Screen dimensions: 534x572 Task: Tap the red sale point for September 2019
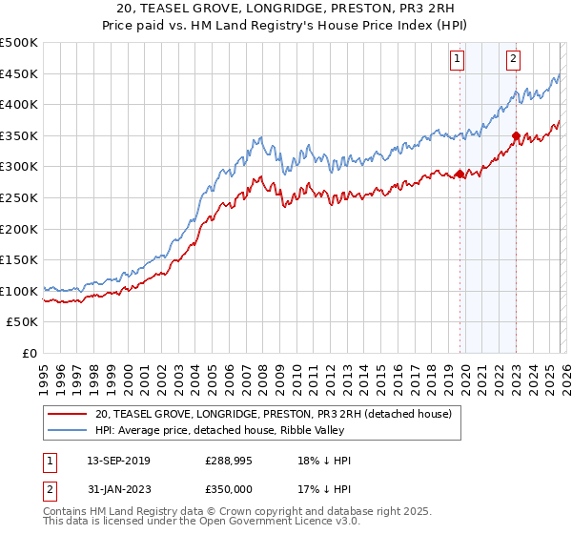(460, 174)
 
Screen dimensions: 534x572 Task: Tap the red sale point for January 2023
(516, 135)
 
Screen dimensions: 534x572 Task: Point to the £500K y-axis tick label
(19, 43)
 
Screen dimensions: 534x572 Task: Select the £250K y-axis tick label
(19, 198)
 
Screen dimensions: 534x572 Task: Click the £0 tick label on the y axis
(29, 353)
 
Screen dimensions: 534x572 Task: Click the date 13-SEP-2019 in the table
(117, 460)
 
